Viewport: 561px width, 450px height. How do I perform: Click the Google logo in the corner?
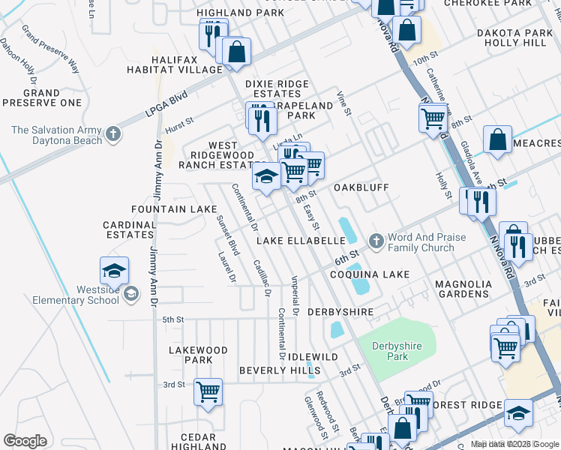pyautogui.click(x=25, y=441)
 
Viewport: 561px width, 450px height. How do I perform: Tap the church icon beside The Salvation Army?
pyautogui.click(x=113, y=135)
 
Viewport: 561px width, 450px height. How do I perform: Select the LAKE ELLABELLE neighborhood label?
pyautogui.click(x=300, y=241)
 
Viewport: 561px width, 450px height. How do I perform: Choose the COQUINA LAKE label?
pyautogui.click(x=370, y=274)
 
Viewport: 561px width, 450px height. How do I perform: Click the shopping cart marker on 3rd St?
pyautogui.click(x=208, y=391)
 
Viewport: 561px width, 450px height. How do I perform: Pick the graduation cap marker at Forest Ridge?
pyautogui.click(x=518, y=413)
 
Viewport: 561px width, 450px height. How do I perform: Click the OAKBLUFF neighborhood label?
pyautogui.click(x=359, y=186)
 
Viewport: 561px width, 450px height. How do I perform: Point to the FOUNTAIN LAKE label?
pyautogui.click(x=168, y=209)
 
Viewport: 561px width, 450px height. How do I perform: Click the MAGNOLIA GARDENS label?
pyautogui.click(x=463, y=289)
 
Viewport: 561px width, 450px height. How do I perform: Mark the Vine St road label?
pyautogui.click(x=344, y=103)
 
